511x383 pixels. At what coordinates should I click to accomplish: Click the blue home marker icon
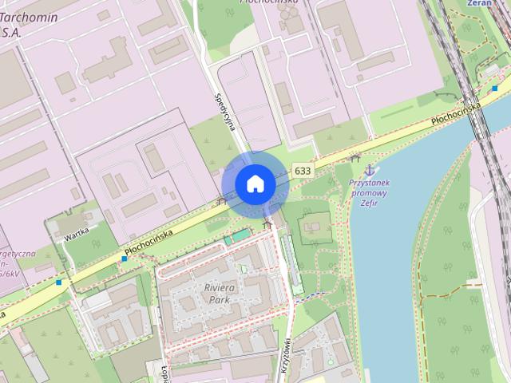coord(255,184)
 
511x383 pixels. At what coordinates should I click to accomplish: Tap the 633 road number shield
coord(303,171)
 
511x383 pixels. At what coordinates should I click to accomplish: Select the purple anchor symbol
coord(369,170)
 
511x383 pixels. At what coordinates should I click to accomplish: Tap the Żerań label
coord(479,3)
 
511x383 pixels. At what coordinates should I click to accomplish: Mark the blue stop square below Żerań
coord(495,88)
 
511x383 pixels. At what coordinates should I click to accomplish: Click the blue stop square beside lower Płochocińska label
coord(124,259)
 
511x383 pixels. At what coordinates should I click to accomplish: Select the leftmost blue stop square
coord(59,282)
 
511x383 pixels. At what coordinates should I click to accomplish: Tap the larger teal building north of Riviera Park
coord(236,238)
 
